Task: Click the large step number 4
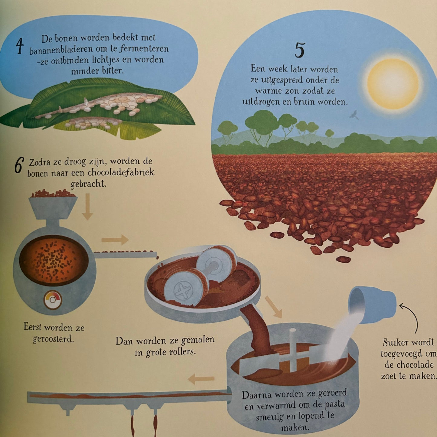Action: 20,46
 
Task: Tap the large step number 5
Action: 300,50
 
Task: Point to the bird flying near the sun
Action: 354,115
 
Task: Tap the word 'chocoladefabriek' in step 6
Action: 121,173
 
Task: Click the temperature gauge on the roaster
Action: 53,300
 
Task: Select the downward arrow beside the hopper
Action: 87,207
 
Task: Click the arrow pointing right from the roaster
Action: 115,240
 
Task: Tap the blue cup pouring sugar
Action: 372,305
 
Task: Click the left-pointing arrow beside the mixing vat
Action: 201,379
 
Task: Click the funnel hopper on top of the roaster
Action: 53,208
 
